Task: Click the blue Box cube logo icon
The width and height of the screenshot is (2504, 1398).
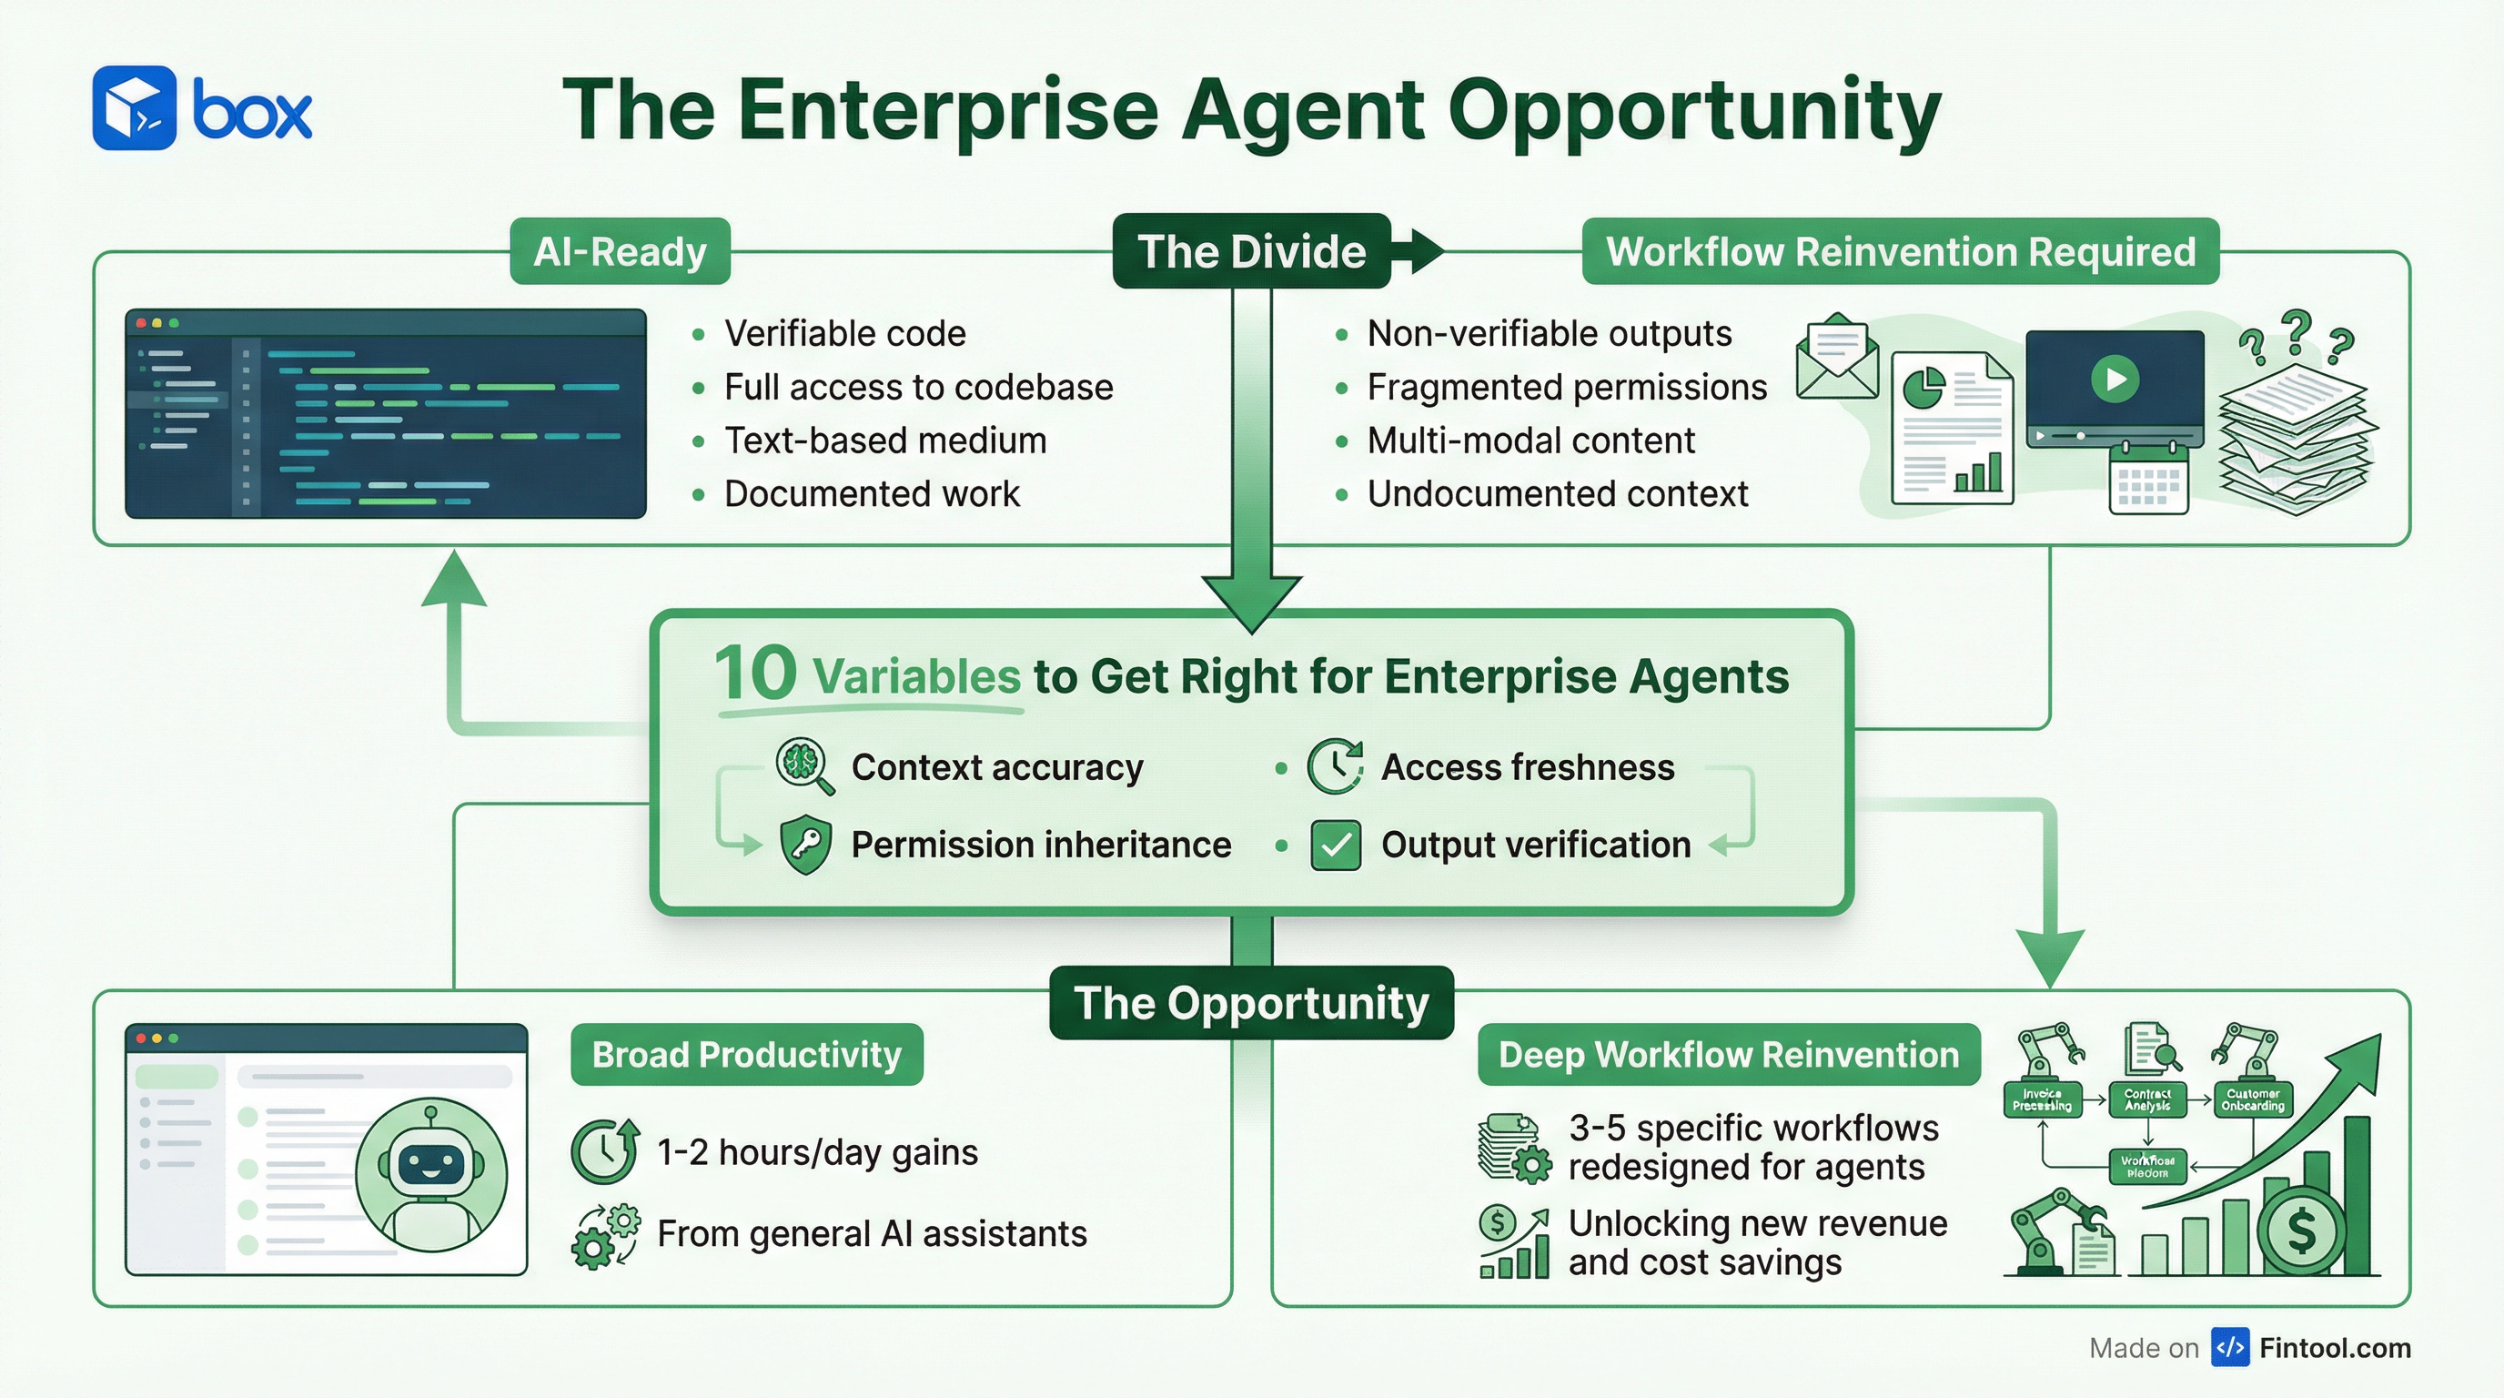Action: point(134,108)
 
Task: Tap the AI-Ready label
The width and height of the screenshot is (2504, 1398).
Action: point(621,252)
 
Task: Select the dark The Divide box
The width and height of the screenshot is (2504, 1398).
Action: point(1251,252)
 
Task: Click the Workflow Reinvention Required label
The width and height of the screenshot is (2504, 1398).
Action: point(1901,252)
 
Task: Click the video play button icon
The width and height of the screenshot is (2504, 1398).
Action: point(2115,379)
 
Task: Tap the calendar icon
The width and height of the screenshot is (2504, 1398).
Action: point(2148,479)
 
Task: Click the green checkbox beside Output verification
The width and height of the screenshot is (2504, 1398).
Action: point(1336,845)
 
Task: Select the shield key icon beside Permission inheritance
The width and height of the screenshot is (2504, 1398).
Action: point(806,845)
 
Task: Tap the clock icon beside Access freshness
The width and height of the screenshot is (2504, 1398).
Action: point(1335,767)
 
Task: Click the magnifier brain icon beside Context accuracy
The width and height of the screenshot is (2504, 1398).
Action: point(804,765)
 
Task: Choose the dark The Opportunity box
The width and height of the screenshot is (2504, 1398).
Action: point(1251,1002)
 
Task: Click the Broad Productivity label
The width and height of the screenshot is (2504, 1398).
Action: point(746,1055)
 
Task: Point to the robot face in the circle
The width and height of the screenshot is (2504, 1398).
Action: point(430,1164)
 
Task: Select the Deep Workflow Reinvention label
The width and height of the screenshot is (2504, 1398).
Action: point(1728,1055)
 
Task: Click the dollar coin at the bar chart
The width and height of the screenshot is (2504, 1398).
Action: point(2301,1231)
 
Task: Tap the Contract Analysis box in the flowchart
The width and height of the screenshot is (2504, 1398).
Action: point(2147,1099)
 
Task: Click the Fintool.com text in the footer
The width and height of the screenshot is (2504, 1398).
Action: point(2335,1349)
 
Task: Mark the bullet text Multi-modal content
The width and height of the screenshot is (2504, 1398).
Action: point(1531,441)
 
